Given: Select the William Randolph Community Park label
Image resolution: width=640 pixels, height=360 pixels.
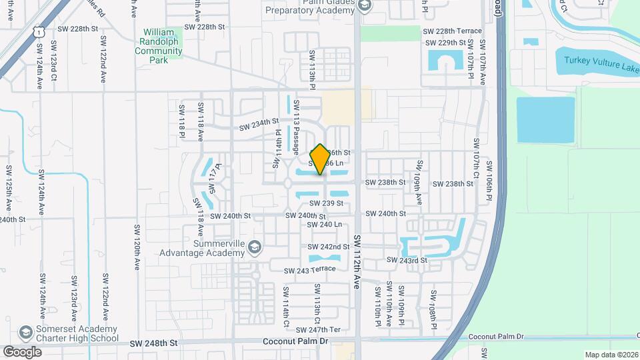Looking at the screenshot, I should pyautogui.click(x=163, y=45).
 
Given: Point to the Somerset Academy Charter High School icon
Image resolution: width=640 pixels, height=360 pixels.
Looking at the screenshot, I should pyautogui.click(x=25, y=332).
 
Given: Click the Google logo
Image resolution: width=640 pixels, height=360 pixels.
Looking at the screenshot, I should pyautogui.click(x=22, y=351).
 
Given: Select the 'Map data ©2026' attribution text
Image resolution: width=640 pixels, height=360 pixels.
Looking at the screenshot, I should pyautogui.click(x=611, y=355).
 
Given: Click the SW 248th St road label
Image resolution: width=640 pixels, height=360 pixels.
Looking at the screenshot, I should pyautogui.click(x=154, y=342).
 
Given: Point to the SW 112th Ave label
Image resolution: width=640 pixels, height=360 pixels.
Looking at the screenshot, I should pyautogui.click(x=357, y=261).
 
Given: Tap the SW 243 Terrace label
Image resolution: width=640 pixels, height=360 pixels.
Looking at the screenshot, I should pyautogui.click(x=309, y=269).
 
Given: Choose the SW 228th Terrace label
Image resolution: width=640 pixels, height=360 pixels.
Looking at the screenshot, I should pyautogui.click(x=451, y=31).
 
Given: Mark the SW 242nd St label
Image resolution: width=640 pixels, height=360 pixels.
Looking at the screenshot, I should pyautogui.click(x=329, y=247).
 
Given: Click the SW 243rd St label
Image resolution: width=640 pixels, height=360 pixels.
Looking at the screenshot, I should pyautogui.click(x=407, y=260).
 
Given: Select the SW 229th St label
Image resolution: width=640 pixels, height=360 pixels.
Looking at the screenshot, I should pyautogui.click(x=447, y=43).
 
